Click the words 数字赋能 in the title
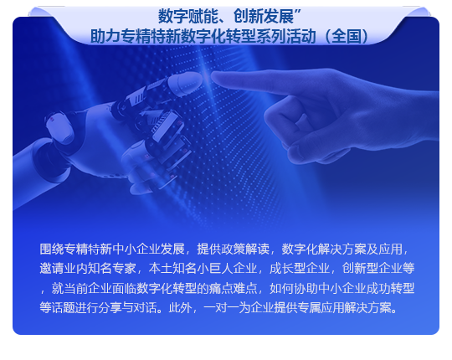[188, 16]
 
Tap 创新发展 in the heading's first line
[264, 16]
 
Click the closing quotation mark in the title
[298, 12]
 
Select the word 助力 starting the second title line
[105, 37]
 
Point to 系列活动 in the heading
[286, 37]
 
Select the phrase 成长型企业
[300, 269]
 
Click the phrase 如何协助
[294, 288]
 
